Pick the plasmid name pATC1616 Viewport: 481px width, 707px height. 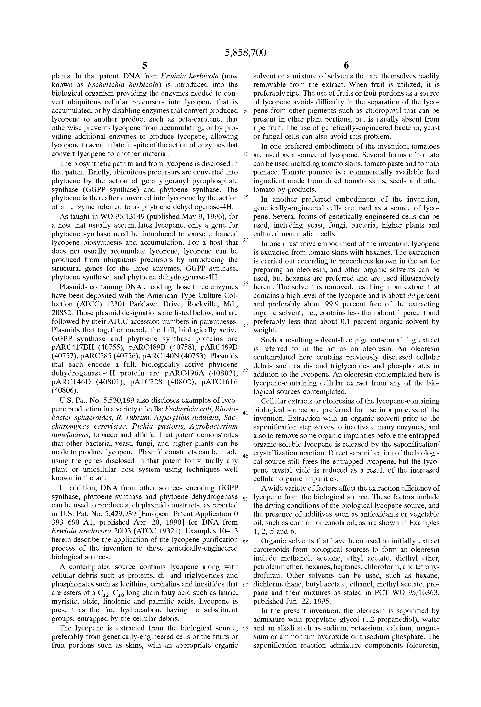click(220, 382)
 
